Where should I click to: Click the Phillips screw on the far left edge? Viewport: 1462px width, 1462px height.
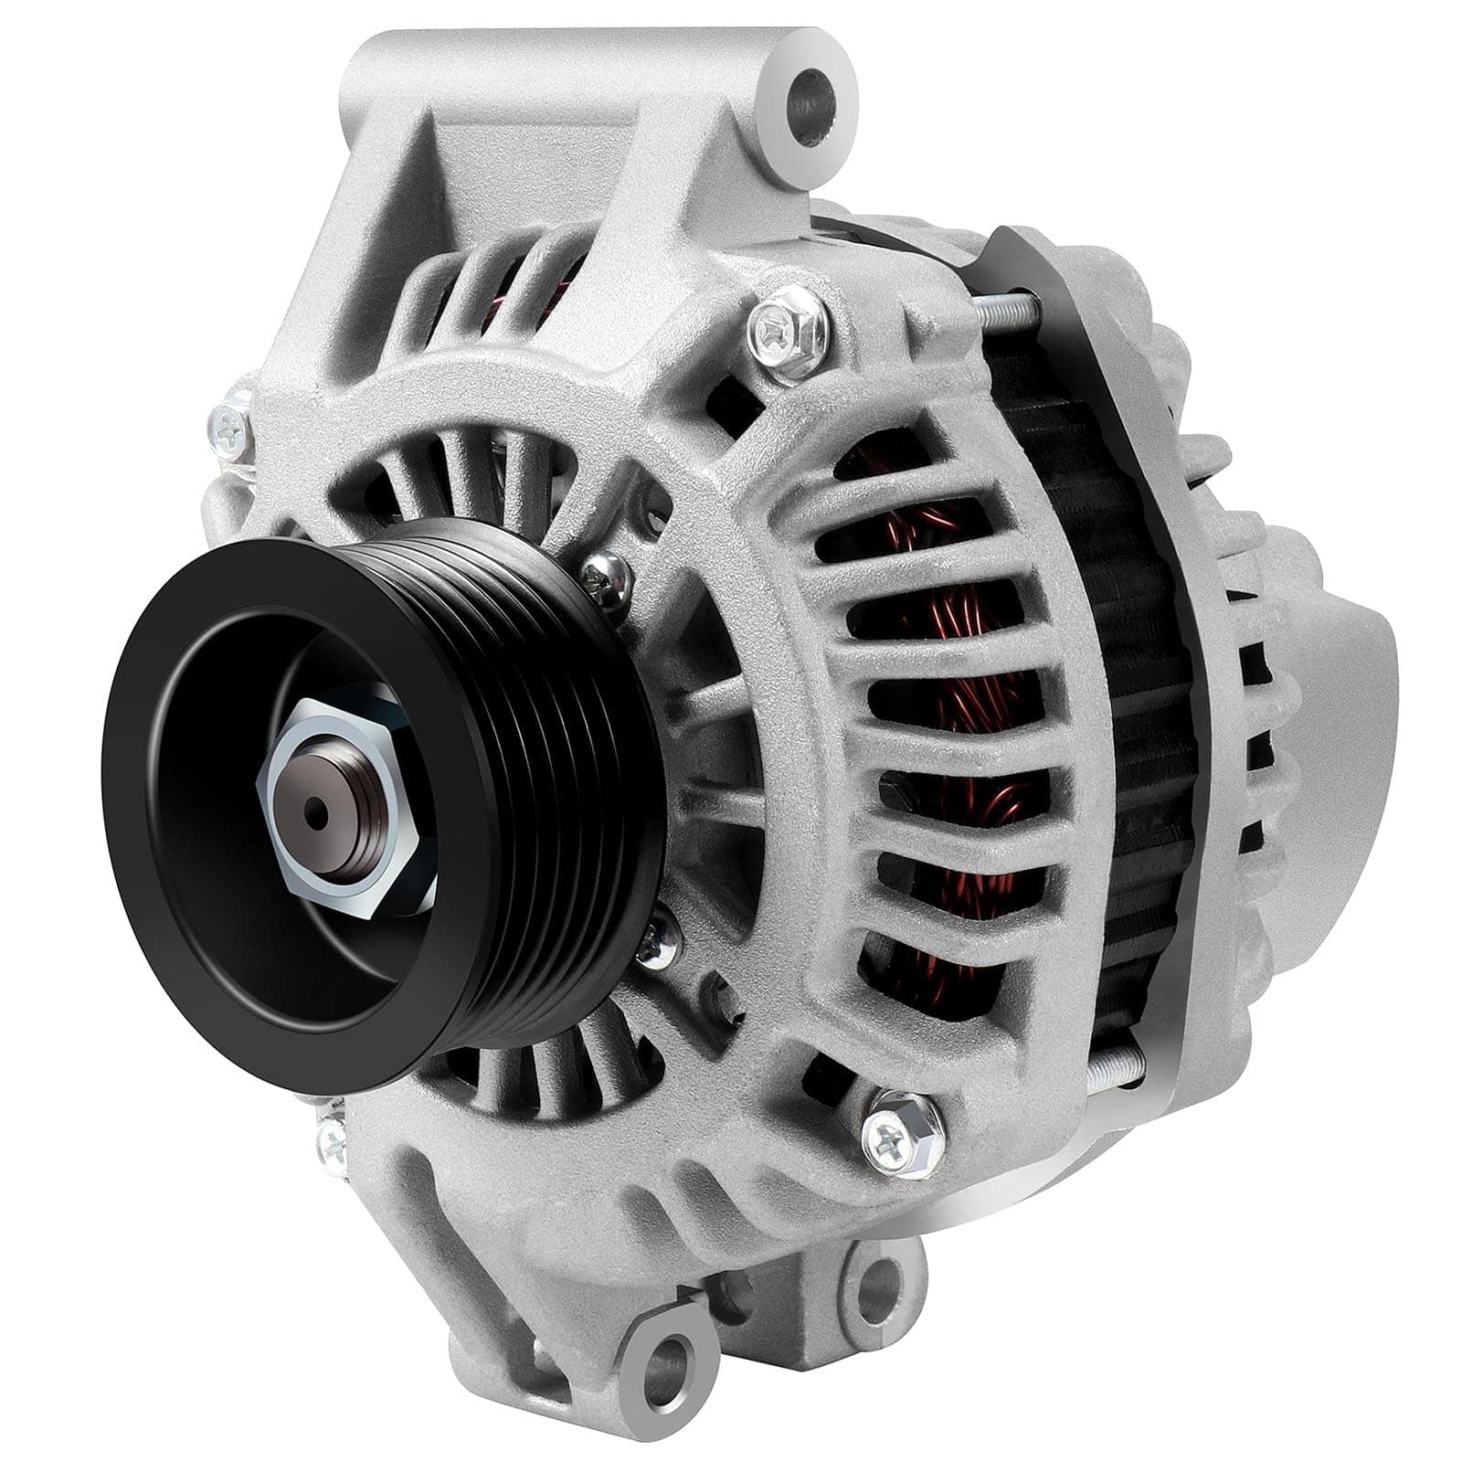coord(228,426)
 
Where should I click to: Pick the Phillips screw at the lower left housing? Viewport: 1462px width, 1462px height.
coord(332,1139)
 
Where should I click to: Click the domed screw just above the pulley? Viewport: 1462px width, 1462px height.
coord(603,577)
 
